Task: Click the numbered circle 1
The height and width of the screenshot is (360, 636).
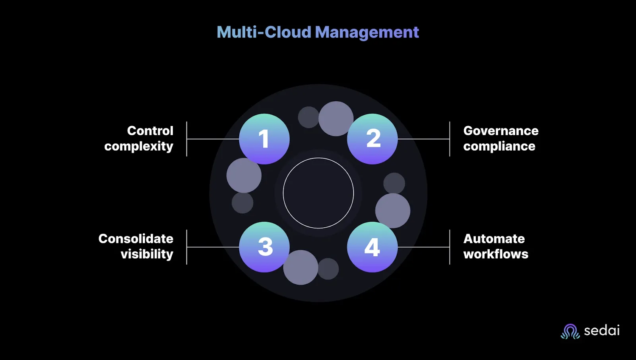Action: (x=264, y=139)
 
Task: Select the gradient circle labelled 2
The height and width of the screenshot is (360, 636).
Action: (x=372, y=139)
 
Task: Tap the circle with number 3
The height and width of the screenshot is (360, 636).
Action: (x=264, y=247)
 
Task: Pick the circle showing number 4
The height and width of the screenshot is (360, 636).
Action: (x=372, y=247)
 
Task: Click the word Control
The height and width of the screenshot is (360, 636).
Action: (x=150, y=131)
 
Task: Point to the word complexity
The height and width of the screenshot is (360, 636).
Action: (x=138, y=146)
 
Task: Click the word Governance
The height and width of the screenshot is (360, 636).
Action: (x=501, y=131)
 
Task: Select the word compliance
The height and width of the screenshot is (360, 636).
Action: (x=499, y=146)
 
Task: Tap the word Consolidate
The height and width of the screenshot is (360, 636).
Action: (x=136, y=238)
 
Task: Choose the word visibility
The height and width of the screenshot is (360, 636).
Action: (x=147, y=254)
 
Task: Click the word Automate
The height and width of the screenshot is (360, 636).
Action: (x=494, y=238)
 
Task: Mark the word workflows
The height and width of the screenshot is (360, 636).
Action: (x=496, y=254)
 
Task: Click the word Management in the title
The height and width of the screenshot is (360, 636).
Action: (x=367, y=33)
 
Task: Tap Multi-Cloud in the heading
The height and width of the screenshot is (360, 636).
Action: (x=264, y=32)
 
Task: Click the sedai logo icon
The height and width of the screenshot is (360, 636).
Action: (x=570, y=331)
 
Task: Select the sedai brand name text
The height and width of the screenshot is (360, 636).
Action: (x=601, y=331)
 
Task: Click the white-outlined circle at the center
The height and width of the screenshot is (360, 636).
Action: (x=318, y=193)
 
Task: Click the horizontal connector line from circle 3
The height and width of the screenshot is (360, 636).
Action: (x=213, y=247)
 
